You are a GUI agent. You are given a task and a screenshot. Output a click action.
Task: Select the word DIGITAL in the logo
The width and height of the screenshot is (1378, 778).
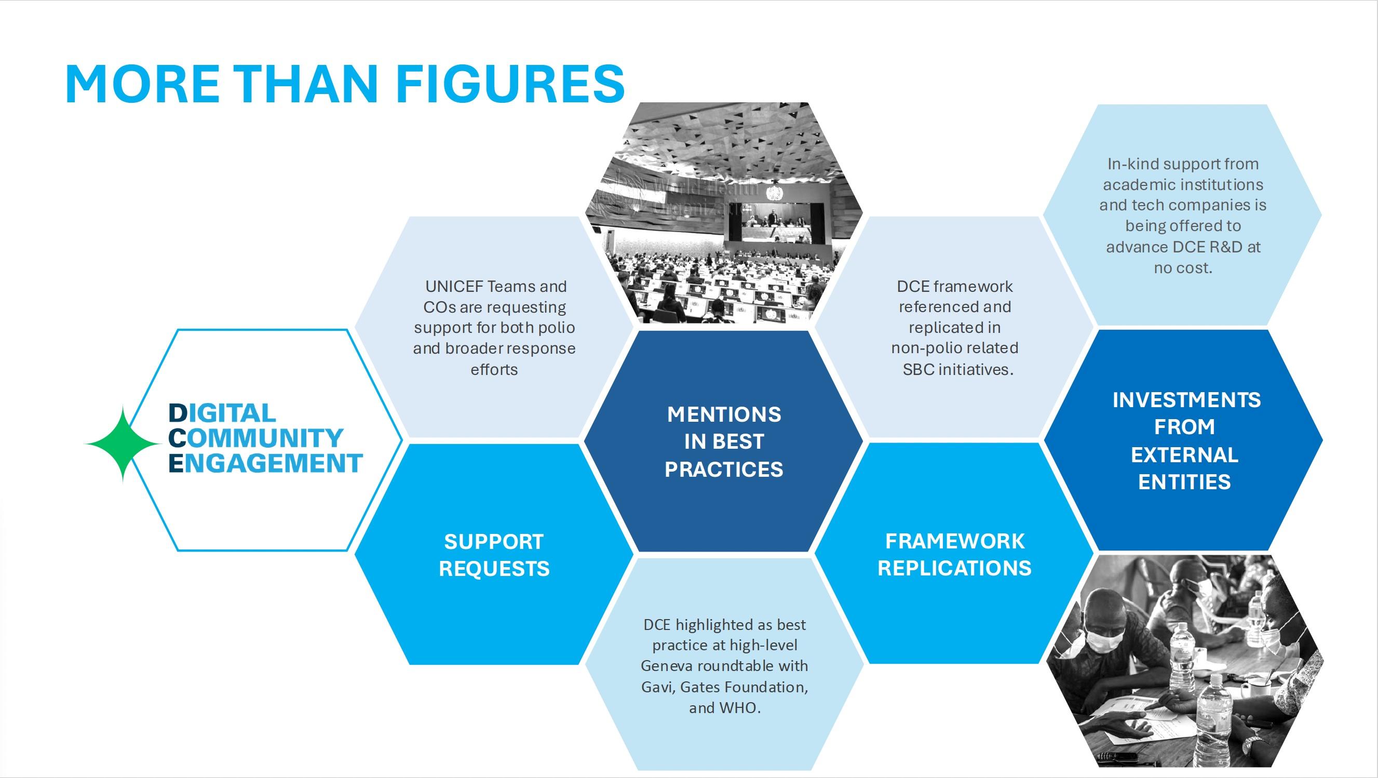[222, 413]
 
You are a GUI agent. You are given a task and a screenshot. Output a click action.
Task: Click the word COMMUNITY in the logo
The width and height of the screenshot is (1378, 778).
[255, 438]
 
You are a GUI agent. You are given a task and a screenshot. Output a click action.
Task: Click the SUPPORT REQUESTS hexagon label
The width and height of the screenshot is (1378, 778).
[494, 555]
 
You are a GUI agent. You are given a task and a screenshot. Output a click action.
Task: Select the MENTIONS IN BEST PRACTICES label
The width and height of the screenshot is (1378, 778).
[724, 442]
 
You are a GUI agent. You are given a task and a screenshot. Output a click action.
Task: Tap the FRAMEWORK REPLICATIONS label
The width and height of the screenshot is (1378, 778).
[954, 554]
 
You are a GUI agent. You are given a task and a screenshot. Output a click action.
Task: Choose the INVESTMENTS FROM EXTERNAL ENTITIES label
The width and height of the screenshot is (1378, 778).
[1186, 441]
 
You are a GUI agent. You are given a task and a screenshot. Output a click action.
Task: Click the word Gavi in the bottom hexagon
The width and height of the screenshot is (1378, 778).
[657, 687]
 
